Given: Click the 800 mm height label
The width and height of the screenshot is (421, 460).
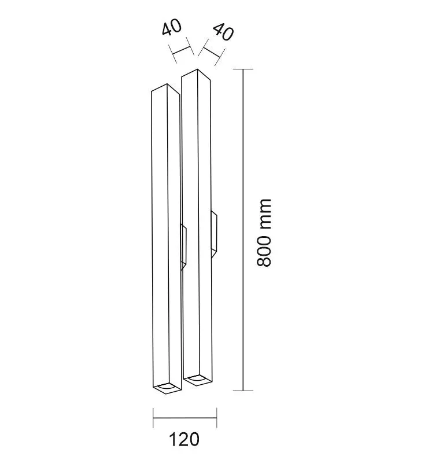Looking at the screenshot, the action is click(264, 233).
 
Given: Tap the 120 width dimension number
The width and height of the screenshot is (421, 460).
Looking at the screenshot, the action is click(184, 440).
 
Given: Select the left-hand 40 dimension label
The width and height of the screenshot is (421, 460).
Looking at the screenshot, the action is click(172, 28).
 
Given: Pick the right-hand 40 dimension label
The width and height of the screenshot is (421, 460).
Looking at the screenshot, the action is click(223, 32).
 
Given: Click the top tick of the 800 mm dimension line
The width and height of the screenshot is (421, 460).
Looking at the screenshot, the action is click(243, 69).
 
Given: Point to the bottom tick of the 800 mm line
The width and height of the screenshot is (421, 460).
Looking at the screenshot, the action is click(243, 391).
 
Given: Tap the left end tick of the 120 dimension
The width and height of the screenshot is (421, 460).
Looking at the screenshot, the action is click(153, 418).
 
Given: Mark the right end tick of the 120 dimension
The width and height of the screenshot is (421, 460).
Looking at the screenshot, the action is click(217, 418).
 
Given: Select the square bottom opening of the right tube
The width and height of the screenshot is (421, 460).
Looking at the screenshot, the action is click(197, 380).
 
